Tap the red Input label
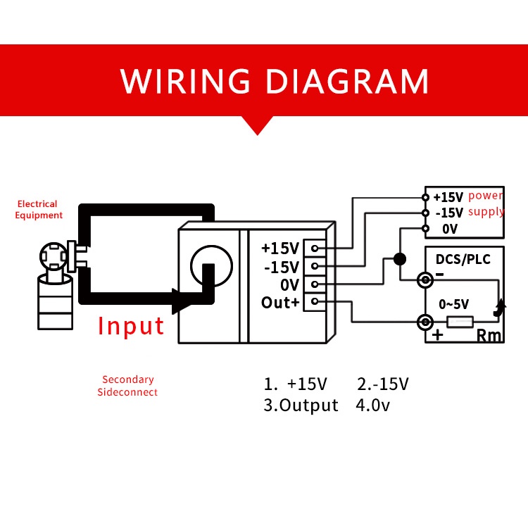tap(131, 326)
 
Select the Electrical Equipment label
tap(39, 210)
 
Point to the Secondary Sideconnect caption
tap(127, 386)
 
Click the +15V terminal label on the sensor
tap(280, 249)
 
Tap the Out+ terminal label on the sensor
tap(280, 303)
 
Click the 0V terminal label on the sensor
tap(289, 284)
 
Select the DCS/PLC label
tap(463, 259)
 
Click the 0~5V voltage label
tap(454, 305)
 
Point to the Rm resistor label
tap(489, 336)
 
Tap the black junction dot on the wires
tap(400, 259)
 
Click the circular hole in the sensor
tap(211, 265)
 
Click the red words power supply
tap(486, 203)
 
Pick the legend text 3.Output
tap(301, 406)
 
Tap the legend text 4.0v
tap(373, 406)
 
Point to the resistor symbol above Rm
tap(460, 322)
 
